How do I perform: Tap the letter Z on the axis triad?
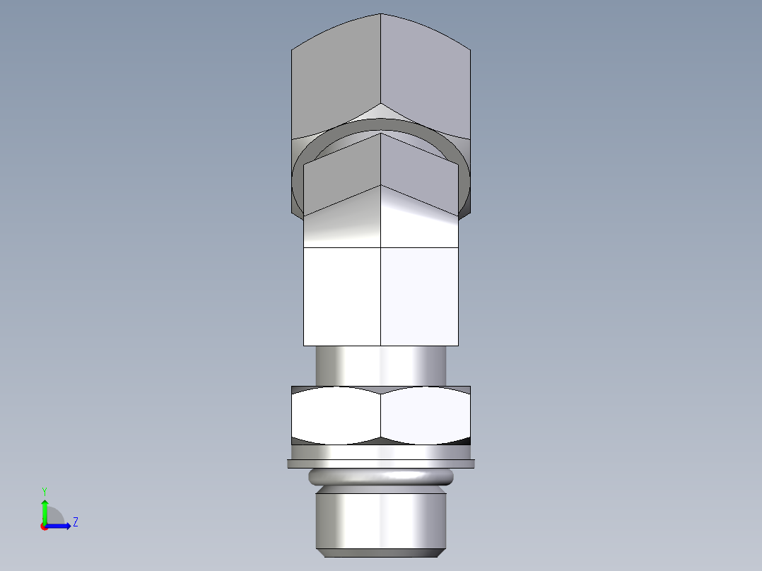75,522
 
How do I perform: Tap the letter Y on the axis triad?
44,490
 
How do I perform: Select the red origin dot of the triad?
44,526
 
